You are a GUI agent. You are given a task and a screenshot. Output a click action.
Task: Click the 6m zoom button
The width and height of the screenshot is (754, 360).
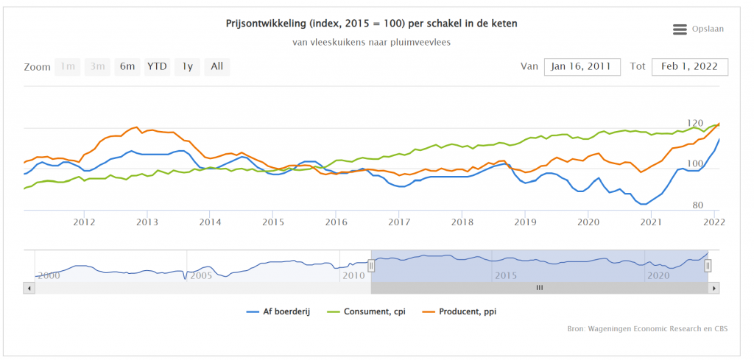[127, 67]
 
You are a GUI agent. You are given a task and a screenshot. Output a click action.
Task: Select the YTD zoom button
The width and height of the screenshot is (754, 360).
[157, 67]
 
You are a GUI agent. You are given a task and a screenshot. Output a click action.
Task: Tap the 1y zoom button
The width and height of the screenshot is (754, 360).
[187, 67]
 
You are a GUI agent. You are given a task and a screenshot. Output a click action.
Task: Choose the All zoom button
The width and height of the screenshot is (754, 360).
[216, 67]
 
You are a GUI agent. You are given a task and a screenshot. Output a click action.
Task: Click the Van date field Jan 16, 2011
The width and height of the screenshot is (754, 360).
[582, 67]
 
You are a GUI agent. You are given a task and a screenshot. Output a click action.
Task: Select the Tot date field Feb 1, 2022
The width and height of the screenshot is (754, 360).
[690, 67]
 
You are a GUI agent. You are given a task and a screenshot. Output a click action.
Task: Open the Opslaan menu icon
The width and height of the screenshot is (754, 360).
[680, 29]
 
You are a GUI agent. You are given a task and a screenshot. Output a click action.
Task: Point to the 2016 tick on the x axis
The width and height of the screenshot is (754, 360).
[336, 221]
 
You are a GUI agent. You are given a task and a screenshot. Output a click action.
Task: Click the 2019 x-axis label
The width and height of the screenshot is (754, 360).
[524, 221]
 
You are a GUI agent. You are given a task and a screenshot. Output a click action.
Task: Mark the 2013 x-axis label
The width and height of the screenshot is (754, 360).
[147, 221]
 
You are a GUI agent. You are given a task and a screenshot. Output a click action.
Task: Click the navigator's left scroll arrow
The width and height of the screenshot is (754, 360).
[29, 288]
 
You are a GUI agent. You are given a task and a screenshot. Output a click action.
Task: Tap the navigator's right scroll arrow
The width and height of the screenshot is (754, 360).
[713, 288]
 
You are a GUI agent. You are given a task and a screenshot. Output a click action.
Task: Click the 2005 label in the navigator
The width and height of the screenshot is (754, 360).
[201, 275]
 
